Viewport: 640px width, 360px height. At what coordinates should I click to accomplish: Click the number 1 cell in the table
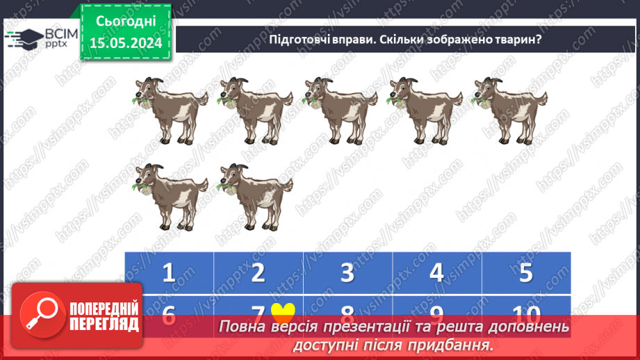click(x=169, y=272)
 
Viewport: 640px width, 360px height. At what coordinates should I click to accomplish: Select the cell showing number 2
click(x=258, y=272)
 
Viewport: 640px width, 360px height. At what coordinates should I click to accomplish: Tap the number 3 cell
click(x=347, y=272)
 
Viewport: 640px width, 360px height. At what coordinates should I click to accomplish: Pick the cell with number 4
click(x=436, y=272)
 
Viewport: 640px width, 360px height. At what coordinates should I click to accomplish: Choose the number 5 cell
click(x=526, y=272)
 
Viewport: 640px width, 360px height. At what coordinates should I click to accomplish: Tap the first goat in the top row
click(x=170, y=107)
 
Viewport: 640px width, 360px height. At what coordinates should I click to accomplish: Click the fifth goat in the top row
click(x=509, y=107)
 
